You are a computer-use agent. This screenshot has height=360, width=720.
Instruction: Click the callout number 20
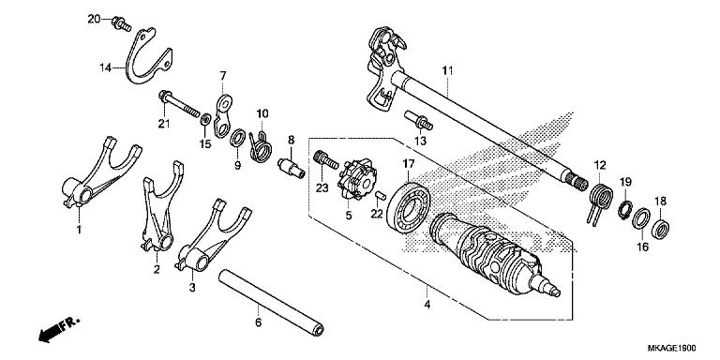(93, 19)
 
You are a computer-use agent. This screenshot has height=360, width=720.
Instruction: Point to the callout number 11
(447, 70)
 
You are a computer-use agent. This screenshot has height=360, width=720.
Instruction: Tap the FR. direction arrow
(57, 331)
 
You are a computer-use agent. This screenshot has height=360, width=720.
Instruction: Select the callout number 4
(427, 304)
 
